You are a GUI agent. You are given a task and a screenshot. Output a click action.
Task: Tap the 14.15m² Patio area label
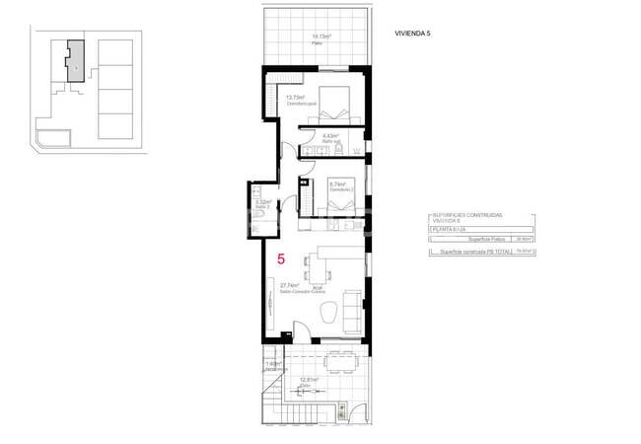pos(321,37)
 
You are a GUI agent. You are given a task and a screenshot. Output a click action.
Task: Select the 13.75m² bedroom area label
pos(296,99)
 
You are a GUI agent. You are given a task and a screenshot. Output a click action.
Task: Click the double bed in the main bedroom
pos(335,103)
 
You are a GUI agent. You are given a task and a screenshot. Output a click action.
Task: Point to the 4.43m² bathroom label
pos(330,137)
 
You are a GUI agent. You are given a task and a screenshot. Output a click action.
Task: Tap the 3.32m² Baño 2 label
pos(262,203)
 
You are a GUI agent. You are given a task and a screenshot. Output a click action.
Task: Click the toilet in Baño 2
pos(253,215)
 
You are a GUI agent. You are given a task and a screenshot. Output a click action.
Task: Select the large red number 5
pos(282,260)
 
